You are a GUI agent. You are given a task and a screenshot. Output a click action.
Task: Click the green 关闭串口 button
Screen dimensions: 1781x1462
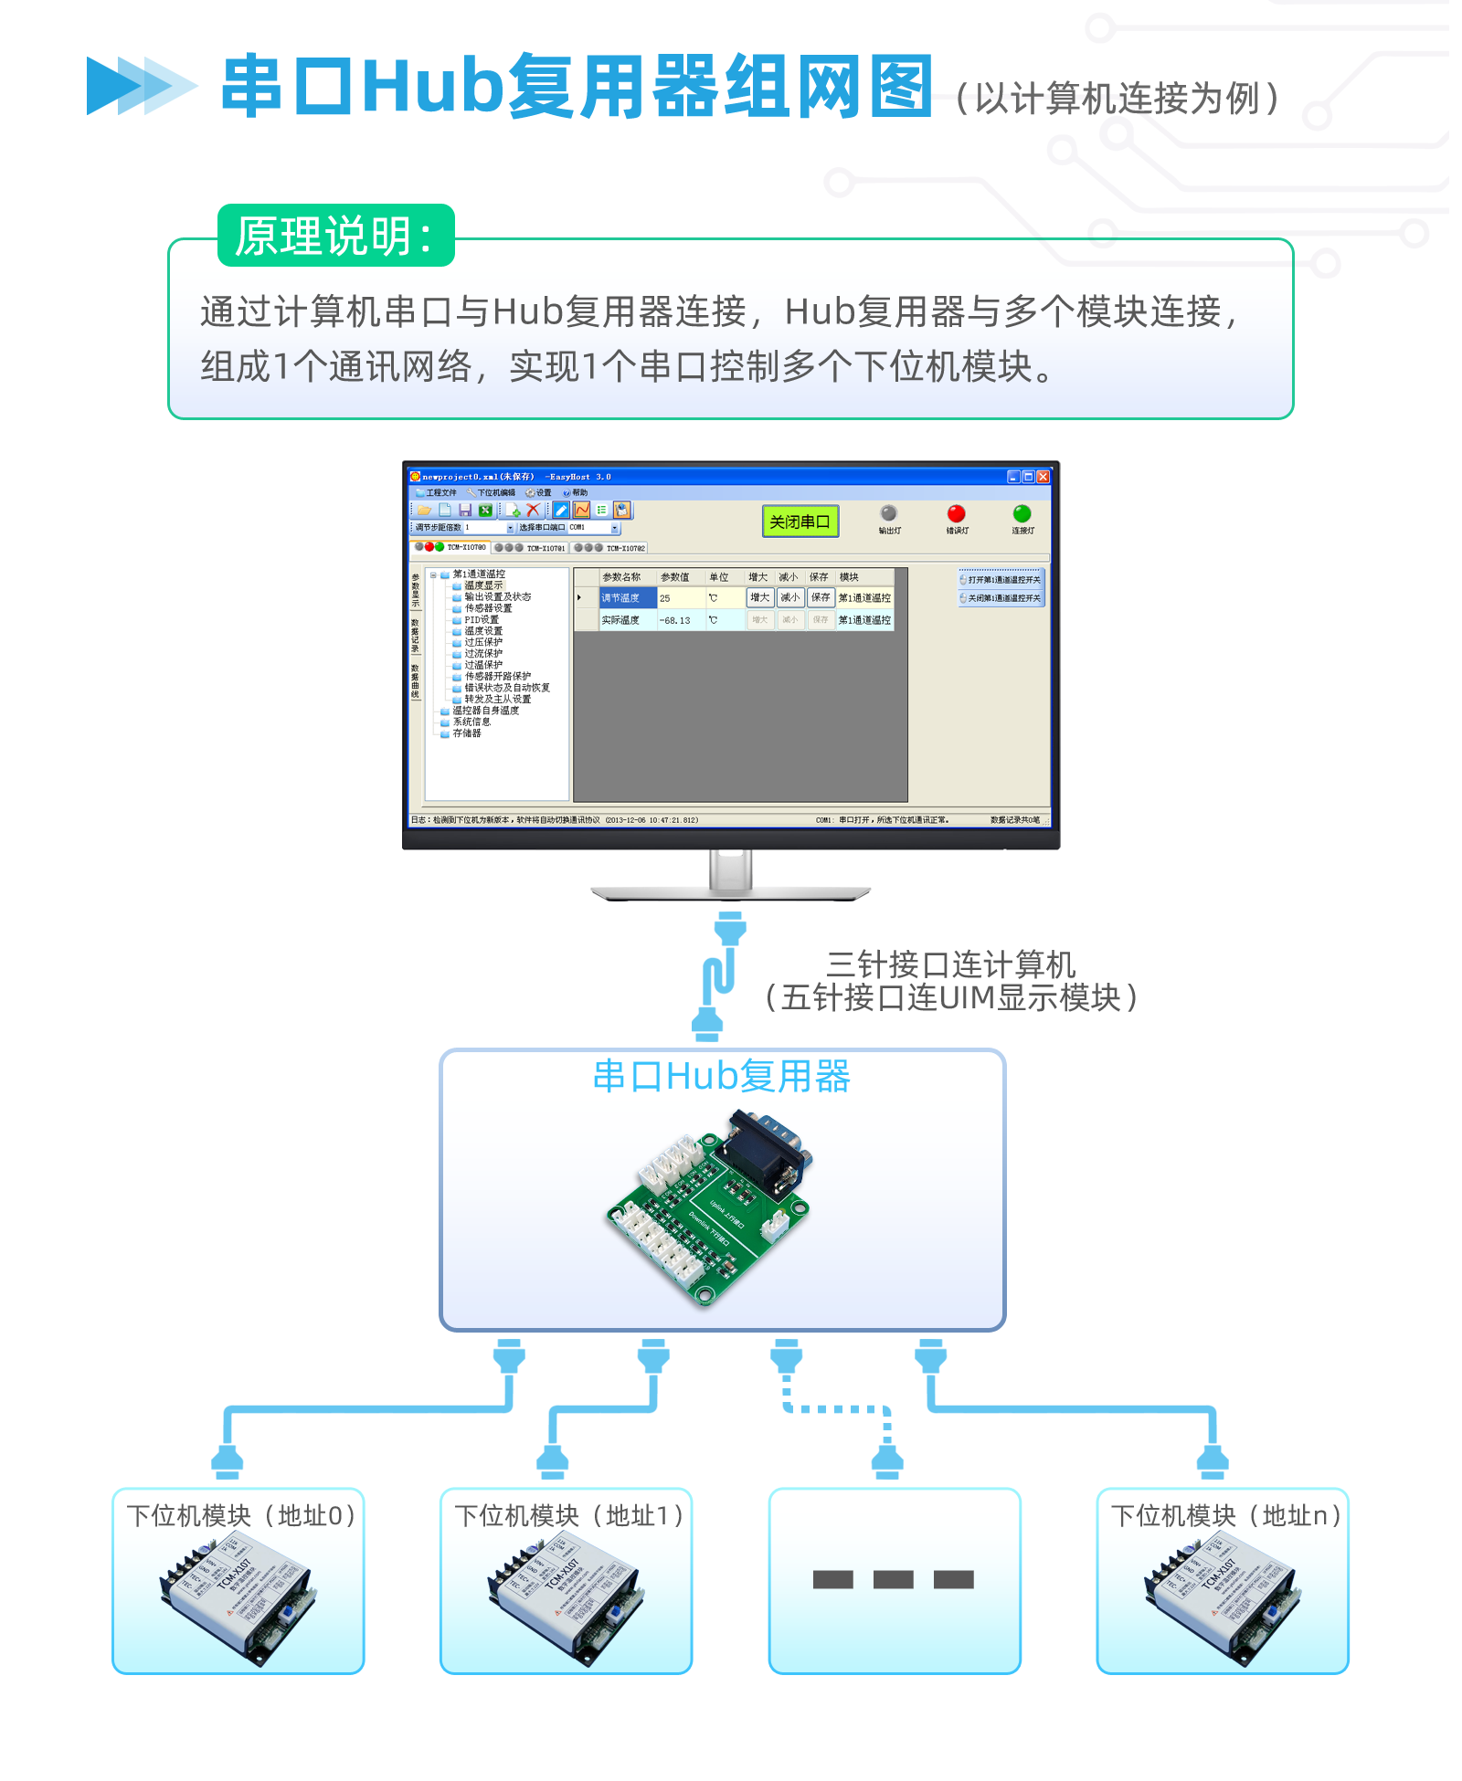[800, 522]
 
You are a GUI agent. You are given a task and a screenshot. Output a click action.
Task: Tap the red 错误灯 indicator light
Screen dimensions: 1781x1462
[956, 513]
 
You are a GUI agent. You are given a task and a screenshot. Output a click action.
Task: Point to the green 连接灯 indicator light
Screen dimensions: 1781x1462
[1022, 513]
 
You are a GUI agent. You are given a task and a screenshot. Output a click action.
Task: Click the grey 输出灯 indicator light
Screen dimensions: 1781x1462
[888, 513]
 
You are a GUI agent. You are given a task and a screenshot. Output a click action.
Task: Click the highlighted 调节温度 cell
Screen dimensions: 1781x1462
[626, 598]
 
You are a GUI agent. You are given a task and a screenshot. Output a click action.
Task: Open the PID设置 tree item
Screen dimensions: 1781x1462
[481, 619]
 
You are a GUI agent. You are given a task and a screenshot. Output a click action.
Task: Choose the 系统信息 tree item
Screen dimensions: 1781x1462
[471, 722]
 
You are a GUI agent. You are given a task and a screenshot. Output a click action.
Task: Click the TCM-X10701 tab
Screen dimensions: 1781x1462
[545, 548]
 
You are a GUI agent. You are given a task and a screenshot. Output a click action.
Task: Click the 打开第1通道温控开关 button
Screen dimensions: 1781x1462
[1002, 579]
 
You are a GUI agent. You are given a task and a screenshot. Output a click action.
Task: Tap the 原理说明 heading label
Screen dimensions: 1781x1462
[334, 236]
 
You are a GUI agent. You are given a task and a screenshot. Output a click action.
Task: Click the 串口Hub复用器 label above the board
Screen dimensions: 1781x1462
[721, 1076]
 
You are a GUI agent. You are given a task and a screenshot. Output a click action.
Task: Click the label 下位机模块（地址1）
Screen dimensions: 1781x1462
[570, 1516]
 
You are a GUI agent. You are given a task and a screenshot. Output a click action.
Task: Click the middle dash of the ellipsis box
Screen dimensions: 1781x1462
[893, 1579]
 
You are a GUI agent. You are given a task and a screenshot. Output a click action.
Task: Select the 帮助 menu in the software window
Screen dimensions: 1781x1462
[579, 492]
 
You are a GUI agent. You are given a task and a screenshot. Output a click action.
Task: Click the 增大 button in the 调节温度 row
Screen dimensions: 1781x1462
[759, 597]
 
